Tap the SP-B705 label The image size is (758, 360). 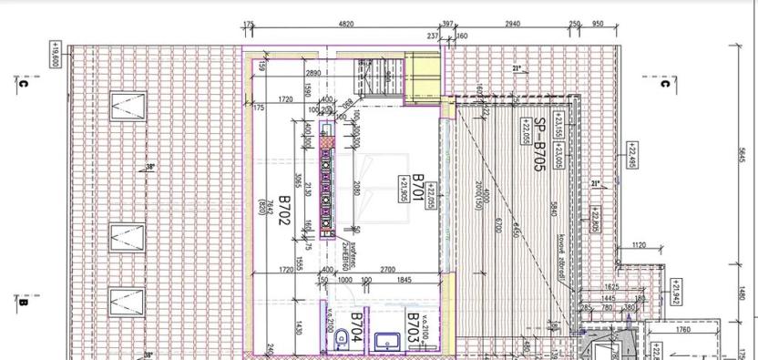pos(539,146)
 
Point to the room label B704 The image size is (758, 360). pos(357,325)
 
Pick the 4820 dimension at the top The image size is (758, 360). pos(345,25)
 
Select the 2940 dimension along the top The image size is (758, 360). pos(511,25)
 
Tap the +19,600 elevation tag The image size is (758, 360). pos(56,55)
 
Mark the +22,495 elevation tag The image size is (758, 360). pos(630,155)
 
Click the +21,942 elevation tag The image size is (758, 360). pos(675,292)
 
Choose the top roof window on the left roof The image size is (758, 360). pos(126,108)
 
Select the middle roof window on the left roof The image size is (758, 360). pos(126,239)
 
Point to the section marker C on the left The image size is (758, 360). pos(23,84)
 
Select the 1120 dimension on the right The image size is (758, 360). pos(638,245)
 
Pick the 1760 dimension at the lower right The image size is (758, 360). pos(682,330)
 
